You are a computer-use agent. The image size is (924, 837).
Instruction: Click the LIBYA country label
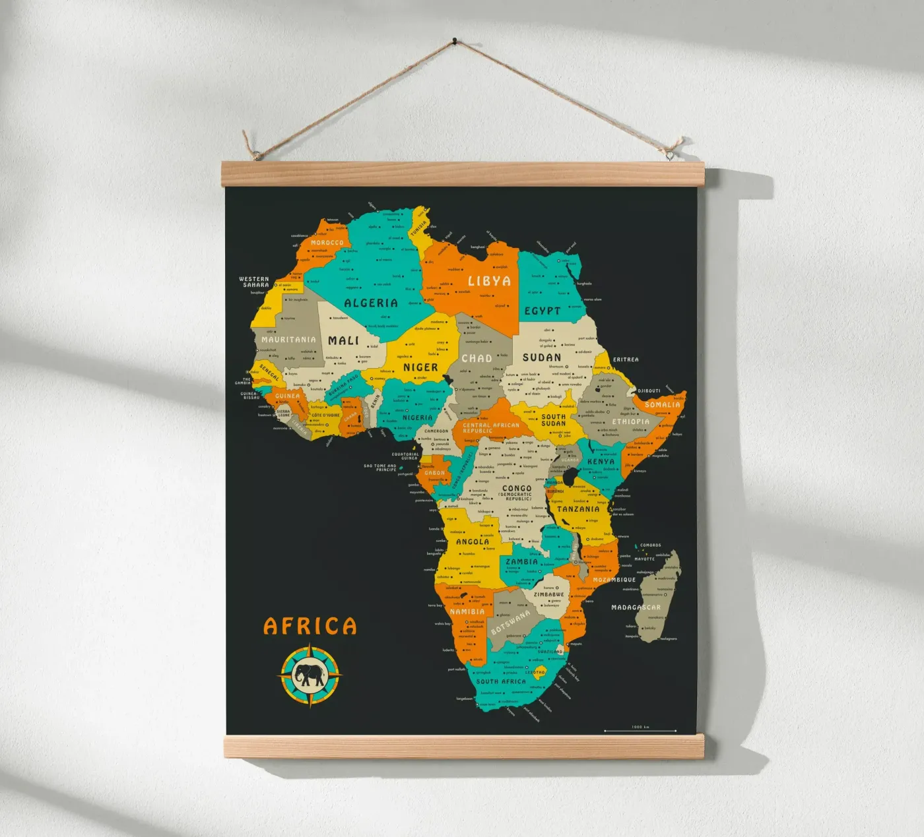(489, 281)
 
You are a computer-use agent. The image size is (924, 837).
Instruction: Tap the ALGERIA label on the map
(371, 303)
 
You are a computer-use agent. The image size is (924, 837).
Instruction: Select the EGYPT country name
(543, 311)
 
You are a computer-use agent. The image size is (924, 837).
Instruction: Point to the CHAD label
(477, 358)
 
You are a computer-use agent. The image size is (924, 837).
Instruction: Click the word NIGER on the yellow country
(420, 367)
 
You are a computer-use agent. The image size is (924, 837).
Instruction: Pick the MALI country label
(343, 340)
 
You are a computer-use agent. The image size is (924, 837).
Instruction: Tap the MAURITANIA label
(288, 340)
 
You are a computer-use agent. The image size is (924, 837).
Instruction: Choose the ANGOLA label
(473, 542)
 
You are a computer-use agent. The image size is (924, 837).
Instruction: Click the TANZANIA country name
(578, 509)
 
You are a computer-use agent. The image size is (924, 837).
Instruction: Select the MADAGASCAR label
(636, 607)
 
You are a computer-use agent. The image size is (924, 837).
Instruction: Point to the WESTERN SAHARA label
(254, 282)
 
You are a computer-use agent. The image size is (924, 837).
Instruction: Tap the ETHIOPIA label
(630, 421)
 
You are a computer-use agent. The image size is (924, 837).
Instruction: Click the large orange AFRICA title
(310, 626)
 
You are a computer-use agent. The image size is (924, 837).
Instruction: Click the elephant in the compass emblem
(310, 675)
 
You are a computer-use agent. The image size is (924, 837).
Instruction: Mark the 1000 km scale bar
(640, 730)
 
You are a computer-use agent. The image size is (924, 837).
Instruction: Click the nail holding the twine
(454, 42)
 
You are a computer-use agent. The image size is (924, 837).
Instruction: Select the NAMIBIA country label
(467, 611)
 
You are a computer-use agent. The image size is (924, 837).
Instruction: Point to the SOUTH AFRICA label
(501, 681)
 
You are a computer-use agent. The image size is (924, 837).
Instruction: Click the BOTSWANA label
(510, 621)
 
